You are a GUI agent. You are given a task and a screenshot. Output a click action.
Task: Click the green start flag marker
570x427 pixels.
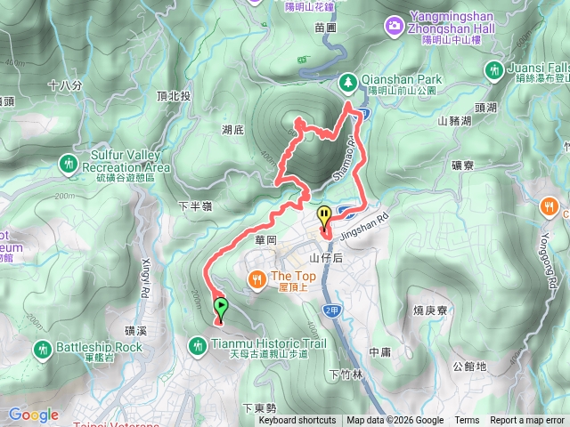point(220,308)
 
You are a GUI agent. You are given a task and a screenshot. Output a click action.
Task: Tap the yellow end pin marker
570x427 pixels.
point(325,215)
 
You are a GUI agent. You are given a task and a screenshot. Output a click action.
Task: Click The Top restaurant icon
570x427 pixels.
point(257,278)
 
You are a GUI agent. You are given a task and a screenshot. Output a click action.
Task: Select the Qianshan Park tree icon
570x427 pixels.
point(347,81)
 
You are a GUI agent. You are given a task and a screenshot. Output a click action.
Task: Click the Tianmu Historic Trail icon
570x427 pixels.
point(199,343)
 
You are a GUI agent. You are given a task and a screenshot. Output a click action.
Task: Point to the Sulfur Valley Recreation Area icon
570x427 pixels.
point(69,162)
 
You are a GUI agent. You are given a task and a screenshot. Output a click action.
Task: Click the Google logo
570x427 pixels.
point(33,415)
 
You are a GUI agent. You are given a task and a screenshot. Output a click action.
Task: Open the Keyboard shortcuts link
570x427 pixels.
point(297,421)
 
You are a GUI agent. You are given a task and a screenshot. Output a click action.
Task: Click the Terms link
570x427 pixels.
point(467,421)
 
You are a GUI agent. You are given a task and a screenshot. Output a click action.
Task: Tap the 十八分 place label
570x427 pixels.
point(65,85)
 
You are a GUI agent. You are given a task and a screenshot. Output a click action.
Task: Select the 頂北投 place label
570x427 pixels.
point(174,95)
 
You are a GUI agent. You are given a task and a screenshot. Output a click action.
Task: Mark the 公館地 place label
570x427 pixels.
point(469,366)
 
